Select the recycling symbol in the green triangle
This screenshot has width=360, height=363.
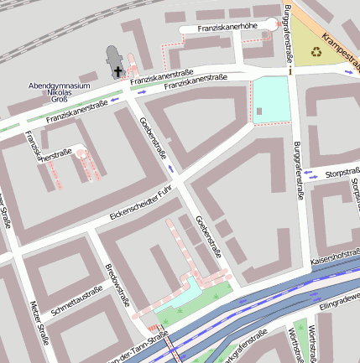(x=316, y=53)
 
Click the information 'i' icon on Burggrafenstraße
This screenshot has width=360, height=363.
(x=290, y=71)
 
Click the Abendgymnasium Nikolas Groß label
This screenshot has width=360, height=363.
(x=60, y=92)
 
